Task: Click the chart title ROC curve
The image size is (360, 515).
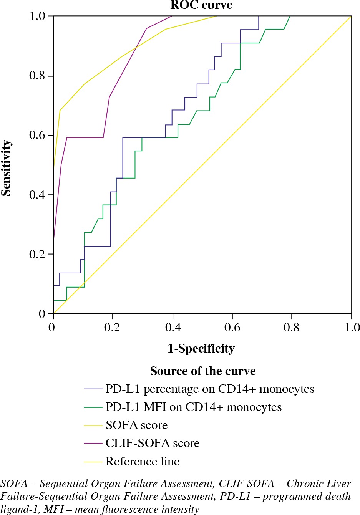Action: (201, 5)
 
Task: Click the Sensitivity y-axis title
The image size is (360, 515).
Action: (6, 168)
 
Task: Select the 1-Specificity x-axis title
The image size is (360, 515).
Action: (201, 348)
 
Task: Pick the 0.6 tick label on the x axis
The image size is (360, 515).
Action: (232, 328)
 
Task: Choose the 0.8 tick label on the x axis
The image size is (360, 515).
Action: (292, 328)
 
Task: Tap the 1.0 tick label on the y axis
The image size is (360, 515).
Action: (38, 16)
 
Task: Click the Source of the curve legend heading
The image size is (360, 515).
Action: (203, 371)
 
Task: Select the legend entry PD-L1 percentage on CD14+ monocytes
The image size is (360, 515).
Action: (210, 389)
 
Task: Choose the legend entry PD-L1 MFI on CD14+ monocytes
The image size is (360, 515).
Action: (194, 407)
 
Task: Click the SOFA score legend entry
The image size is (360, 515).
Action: (137, 425)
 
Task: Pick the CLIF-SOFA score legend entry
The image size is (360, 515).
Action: (153, 443)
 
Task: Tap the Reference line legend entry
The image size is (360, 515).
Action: (143, 461)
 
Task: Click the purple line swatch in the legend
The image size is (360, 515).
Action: (93, 444)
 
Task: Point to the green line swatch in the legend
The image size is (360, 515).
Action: (93, 407)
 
